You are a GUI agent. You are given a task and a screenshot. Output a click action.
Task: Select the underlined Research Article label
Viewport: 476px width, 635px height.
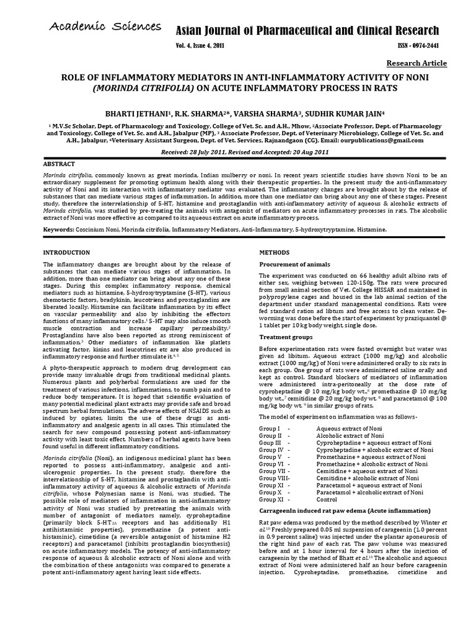pos(416,63)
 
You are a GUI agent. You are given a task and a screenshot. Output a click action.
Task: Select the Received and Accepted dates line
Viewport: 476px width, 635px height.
pos(237,152)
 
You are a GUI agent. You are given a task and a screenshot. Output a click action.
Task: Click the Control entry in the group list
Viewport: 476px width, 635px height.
pos(327,500)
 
